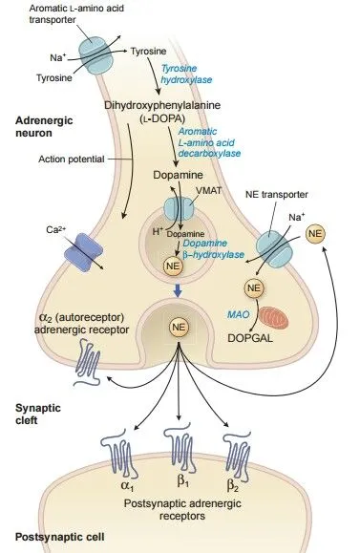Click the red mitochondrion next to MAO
[274, 317]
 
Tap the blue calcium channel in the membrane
[84, 252]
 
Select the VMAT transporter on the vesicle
[179, 208]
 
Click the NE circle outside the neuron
[315, 233]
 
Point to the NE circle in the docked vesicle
[179, 327]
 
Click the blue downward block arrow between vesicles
[178, 291]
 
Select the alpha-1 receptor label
[127, 486]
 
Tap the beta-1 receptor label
[182, 481]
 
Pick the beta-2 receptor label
[232, 485]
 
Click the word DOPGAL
[250, 338]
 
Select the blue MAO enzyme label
[239, 314]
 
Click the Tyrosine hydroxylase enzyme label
[186, 74]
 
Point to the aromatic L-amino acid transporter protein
[95, 56]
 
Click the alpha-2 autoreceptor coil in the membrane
[88, 363]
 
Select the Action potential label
[72, 160]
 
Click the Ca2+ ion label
[55, 230]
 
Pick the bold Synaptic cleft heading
[38, 415]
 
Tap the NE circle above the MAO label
[254, 287]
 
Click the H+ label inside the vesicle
[158, 231]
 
